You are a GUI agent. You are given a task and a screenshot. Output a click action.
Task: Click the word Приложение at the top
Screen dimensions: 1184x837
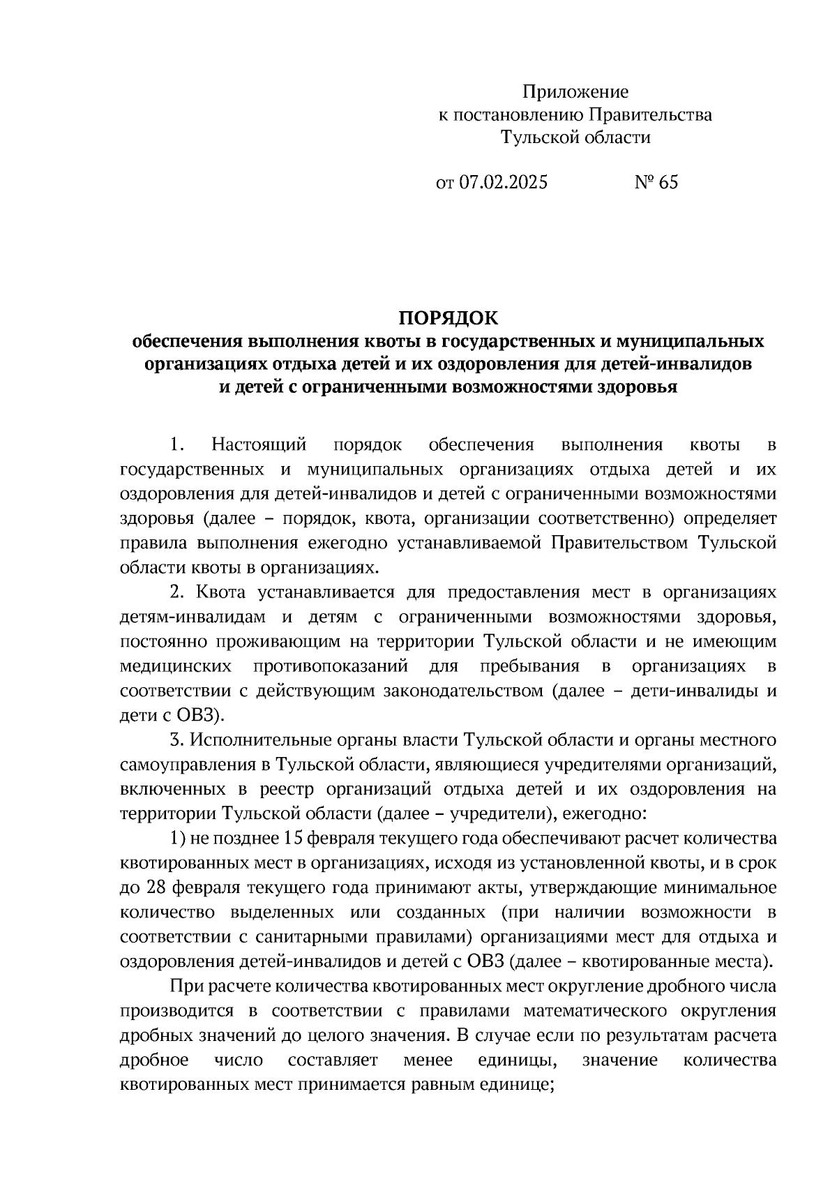[x=575, y=91]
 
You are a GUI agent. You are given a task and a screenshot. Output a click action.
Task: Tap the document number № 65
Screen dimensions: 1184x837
[x=656, y=183]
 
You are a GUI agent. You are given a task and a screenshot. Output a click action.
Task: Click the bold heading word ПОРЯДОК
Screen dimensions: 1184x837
[x=448, y=318]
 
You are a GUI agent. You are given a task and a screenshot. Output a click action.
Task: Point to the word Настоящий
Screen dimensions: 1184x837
[x=259, y=444]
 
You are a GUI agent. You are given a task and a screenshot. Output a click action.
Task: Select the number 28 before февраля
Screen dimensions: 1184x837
[x=157, y=887]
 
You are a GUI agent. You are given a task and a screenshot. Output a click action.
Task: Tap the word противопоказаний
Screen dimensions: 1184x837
[x=331, y=666]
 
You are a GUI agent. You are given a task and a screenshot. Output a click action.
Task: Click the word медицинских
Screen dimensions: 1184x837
[x=176, y=666]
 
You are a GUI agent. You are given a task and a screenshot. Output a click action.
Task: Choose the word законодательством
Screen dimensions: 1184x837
[x=462, y=691]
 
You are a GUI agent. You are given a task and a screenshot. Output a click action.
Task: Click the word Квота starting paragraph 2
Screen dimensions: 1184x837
[x=220, y=592]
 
